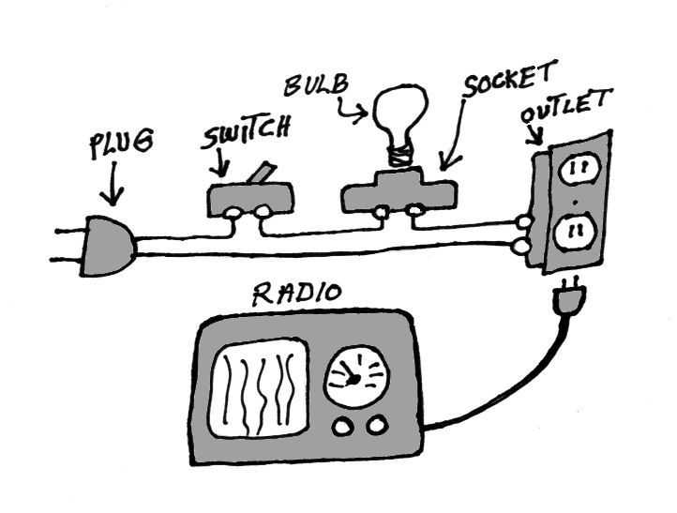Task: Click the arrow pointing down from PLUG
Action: point(114,186)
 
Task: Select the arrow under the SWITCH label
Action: point(221,165)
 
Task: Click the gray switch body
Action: point(248,197)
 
